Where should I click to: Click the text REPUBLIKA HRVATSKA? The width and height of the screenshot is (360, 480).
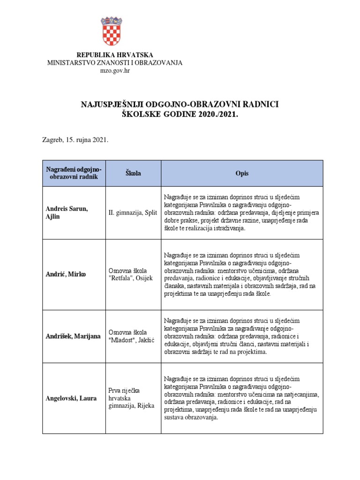(115, 55)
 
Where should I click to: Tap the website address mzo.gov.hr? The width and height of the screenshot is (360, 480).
(115, 71)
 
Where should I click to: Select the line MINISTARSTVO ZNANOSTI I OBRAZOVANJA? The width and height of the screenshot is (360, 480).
(115, 63)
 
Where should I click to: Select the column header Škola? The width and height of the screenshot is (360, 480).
(133, 173)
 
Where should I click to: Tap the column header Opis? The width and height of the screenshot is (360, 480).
(242, 173)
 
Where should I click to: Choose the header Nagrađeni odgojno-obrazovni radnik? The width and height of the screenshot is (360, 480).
(74, 173)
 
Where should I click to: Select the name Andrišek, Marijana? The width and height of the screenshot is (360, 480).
(73, 336)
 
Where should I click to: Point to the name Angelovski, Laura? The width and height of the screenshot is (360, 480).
(71, 398)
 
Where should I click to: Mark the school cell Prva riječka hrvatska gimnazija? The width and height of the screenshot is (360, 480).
(131, 398)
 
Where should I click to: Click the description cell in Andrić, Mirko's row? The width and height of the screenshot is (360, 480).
(241, 274)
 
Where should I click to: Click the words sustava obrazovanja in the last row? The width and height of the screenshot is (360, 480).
(191, 418)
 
